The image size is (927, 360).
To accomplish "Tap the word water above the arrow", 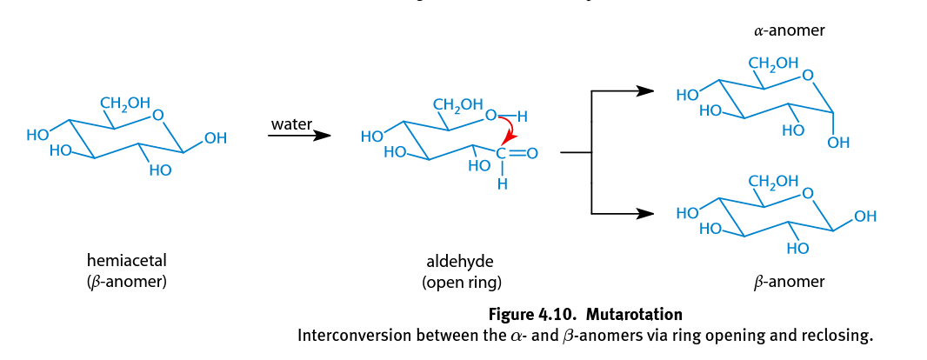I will pos(290,124).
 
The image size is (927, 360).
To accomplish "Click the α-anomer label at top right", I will pos(789,30).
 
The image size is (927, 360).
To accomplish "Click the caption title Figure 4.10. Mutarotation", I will pos(585,314).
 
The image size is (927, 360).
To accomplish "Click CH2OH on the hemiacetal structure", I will pos(125,103).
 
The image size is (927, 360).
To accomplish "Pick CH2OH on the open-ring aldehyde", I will pos(457,105).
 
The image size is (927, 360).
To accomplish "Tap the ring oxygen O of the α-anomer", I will pos(807,76).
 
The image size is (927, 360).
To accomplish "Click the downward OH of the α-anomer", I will pos(838,142).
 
